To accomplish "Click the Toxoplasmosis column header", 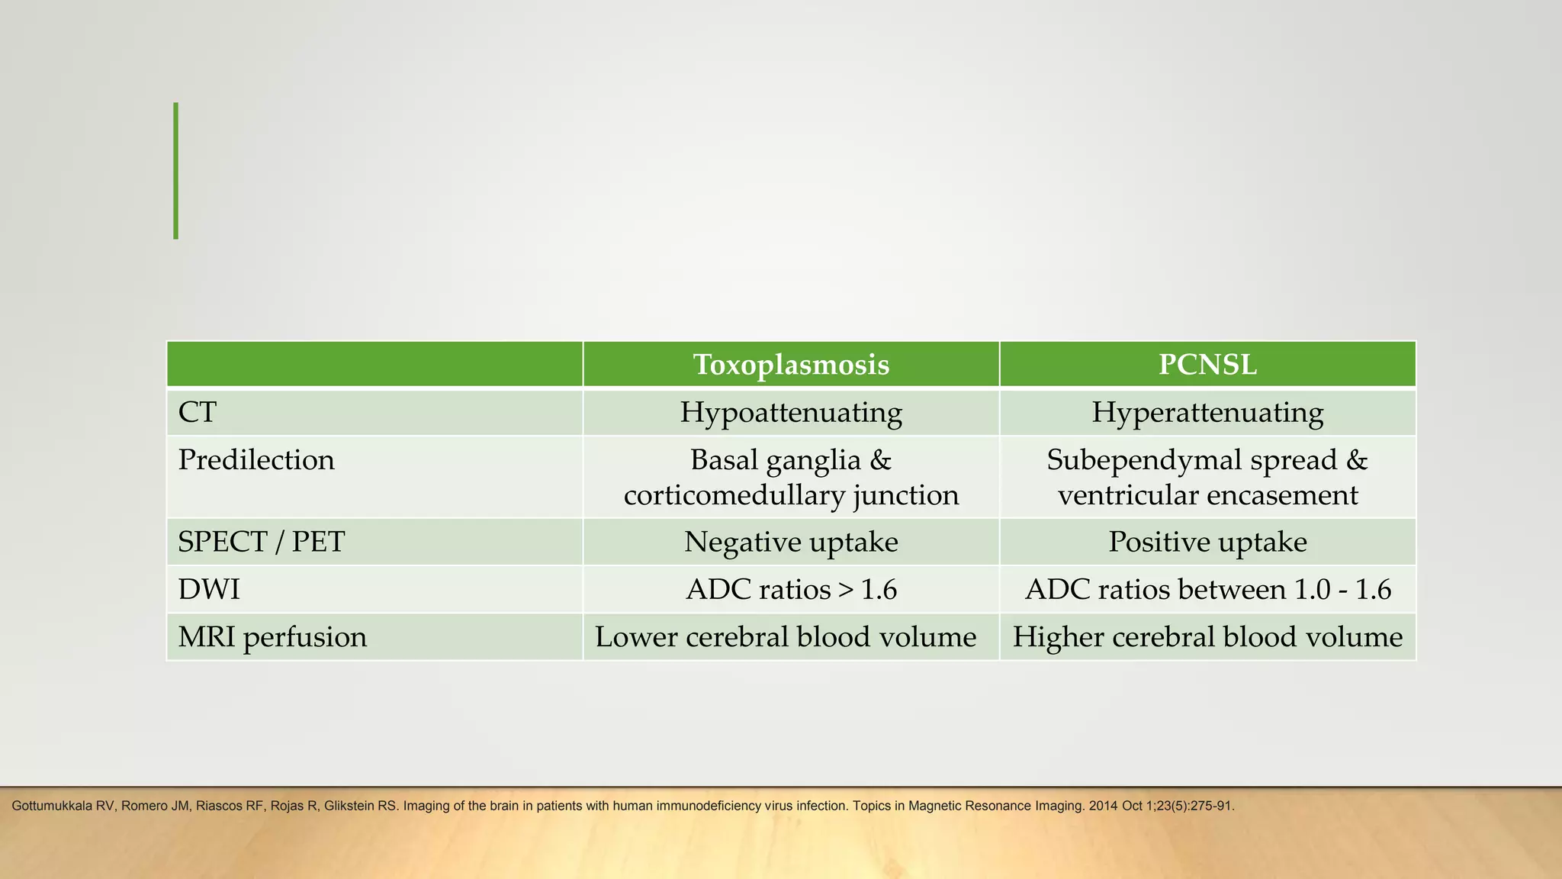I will pos(791,365).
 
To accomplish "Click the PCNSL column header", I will pos(1207,365).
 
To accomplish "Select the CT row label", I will pos(198,413).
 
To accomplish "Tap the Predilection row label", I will pos(256,460).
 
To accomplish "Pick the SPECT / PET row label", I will pos(262,543).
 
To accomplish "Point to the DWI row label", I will pos(209,590).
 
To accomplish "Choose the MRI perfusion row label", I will pos(272,637).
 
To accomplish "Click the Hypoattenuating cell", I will pos(791,413).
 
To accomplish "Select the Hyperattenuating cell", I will pos(1207,413).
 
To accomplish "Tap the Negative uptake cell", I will pos(791,543).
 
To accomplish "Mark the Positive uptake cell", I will pos(1207,543).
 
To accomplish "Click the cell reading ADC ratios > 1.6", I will pos(791,590).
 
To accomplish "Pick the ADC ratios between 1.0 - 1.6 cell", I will pos(1207,590).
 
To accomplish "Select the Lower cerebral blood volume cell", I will pos(786,637).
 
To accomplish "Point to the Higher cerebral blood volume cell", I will pos(1207,637).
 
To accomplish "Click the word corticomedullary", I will pos(734,496).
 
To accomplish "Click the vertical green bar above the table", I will pos(176,171).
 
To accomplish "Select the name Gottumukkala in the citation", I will pos(52,806).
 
